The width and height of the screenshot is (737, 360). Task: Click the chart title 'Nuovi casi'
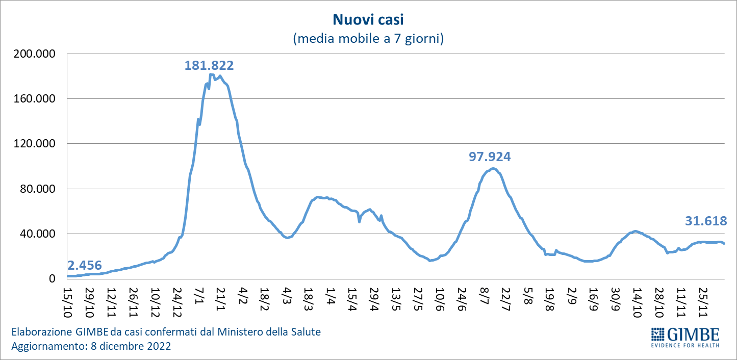point(368,20)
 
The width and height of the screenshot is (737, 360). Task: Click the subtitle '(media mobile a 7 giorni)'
point(368,39)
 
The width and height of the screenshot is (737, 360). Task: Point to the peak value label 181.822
point(209,65)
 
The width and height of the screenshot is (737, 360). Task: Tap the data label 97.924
point(490,157)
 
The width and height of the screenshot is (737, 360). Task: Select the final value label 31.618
point(706,221)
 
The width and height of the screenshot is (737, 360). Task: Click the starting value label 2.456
point(84,265)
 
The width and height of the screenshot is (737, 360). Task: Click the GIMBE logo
point(685,337)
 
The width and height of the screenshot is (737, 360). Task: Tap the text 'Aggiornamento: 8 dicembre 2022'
point(91,346)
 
